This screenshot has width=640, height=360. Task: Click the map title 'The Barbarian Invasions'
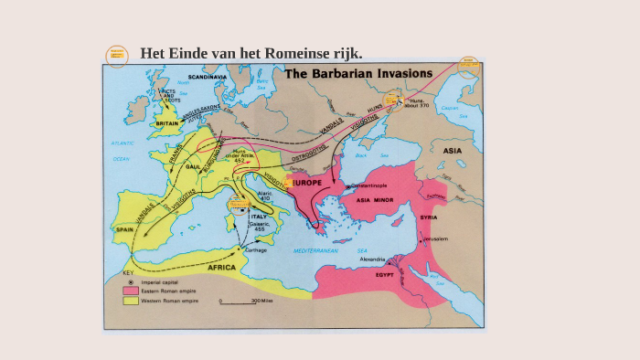point(359,74)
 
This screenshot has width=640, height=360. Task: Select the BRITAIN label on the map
point(166,123)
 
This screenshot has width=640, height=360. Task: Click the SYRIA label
point(428,217)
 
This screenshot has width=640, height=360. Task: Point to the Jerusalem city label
point(435,239)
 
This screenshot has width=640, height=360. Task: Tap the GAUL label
point(193,168)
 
